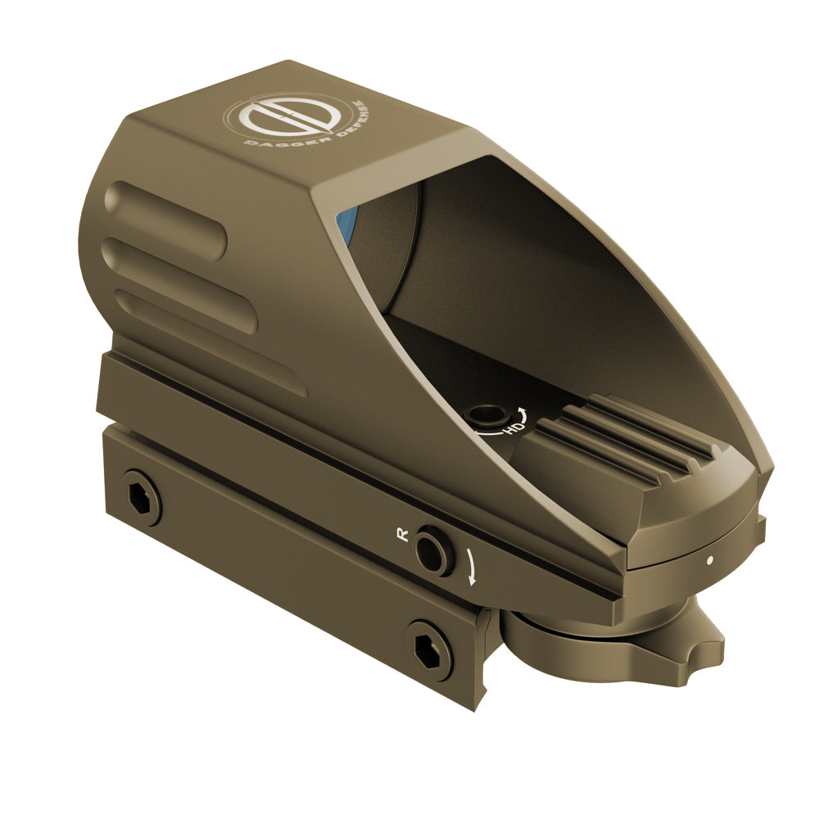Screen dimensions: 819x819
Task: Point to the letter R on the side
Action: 401,534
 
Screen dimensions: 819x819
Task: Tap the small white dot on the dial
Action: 709,561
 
